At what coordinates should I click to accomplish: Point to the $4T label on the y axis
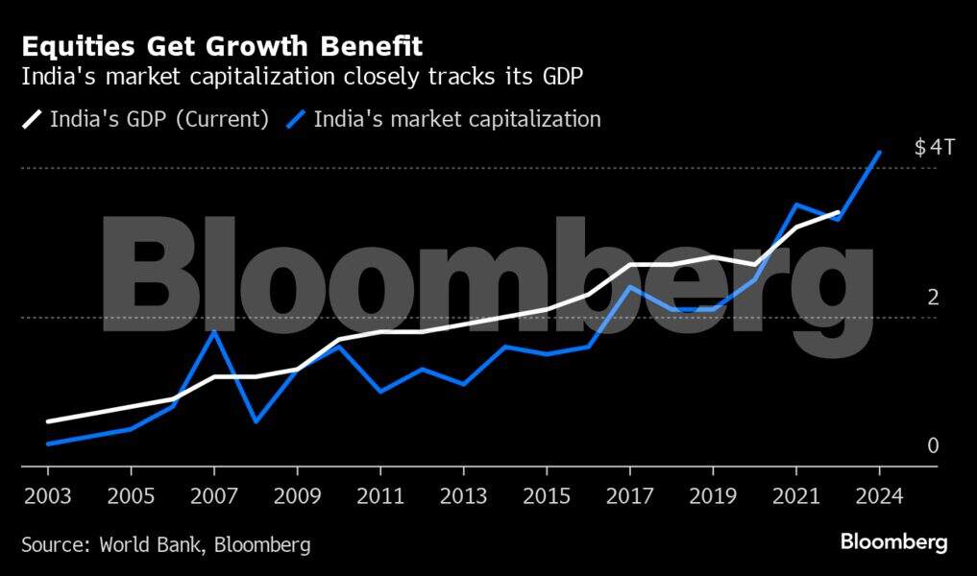tap(934, 148)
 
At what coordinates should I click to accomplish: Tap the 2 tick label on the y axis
tap(933, 297)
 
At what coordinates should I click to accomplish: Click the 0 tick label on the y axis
tap(933, 445)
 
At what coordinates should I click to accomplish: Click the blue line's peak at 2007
tap(214, 331)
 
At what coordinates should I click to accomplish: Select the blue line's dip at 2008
tap(256, 421)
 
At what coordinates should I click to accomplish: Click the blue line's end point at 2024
tap(879, 152)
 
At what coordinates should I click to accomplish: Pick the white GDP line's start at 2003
tap(48, 421)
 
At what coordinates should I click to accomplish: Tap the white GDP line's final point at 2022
tap(838, 212)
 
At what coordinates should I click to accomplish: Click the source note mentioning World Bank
tap(166, 544)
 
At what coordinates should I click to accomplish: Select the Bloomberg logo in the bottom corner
tap(893, 542)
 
